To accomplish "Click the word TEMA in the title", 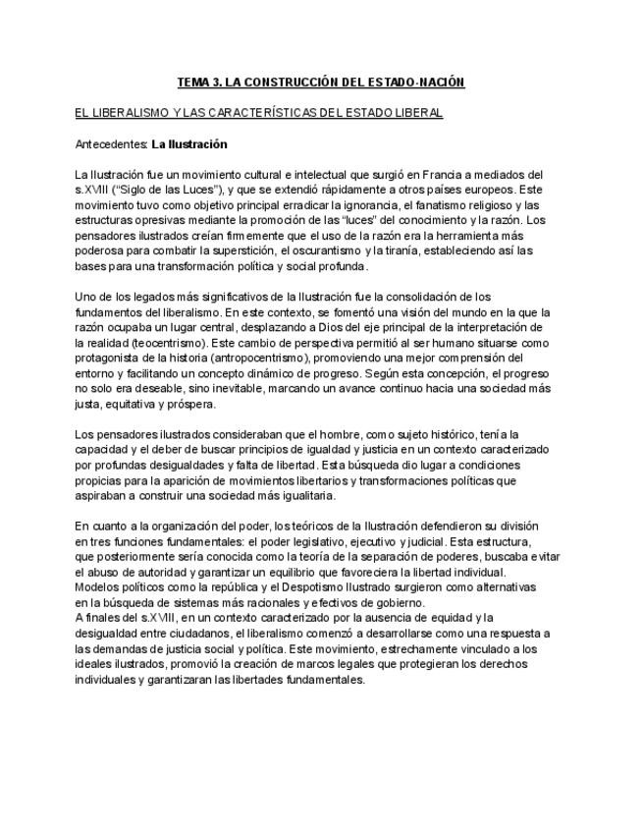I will point(193,82).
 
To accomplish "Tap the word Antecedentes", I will point(110,144).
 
